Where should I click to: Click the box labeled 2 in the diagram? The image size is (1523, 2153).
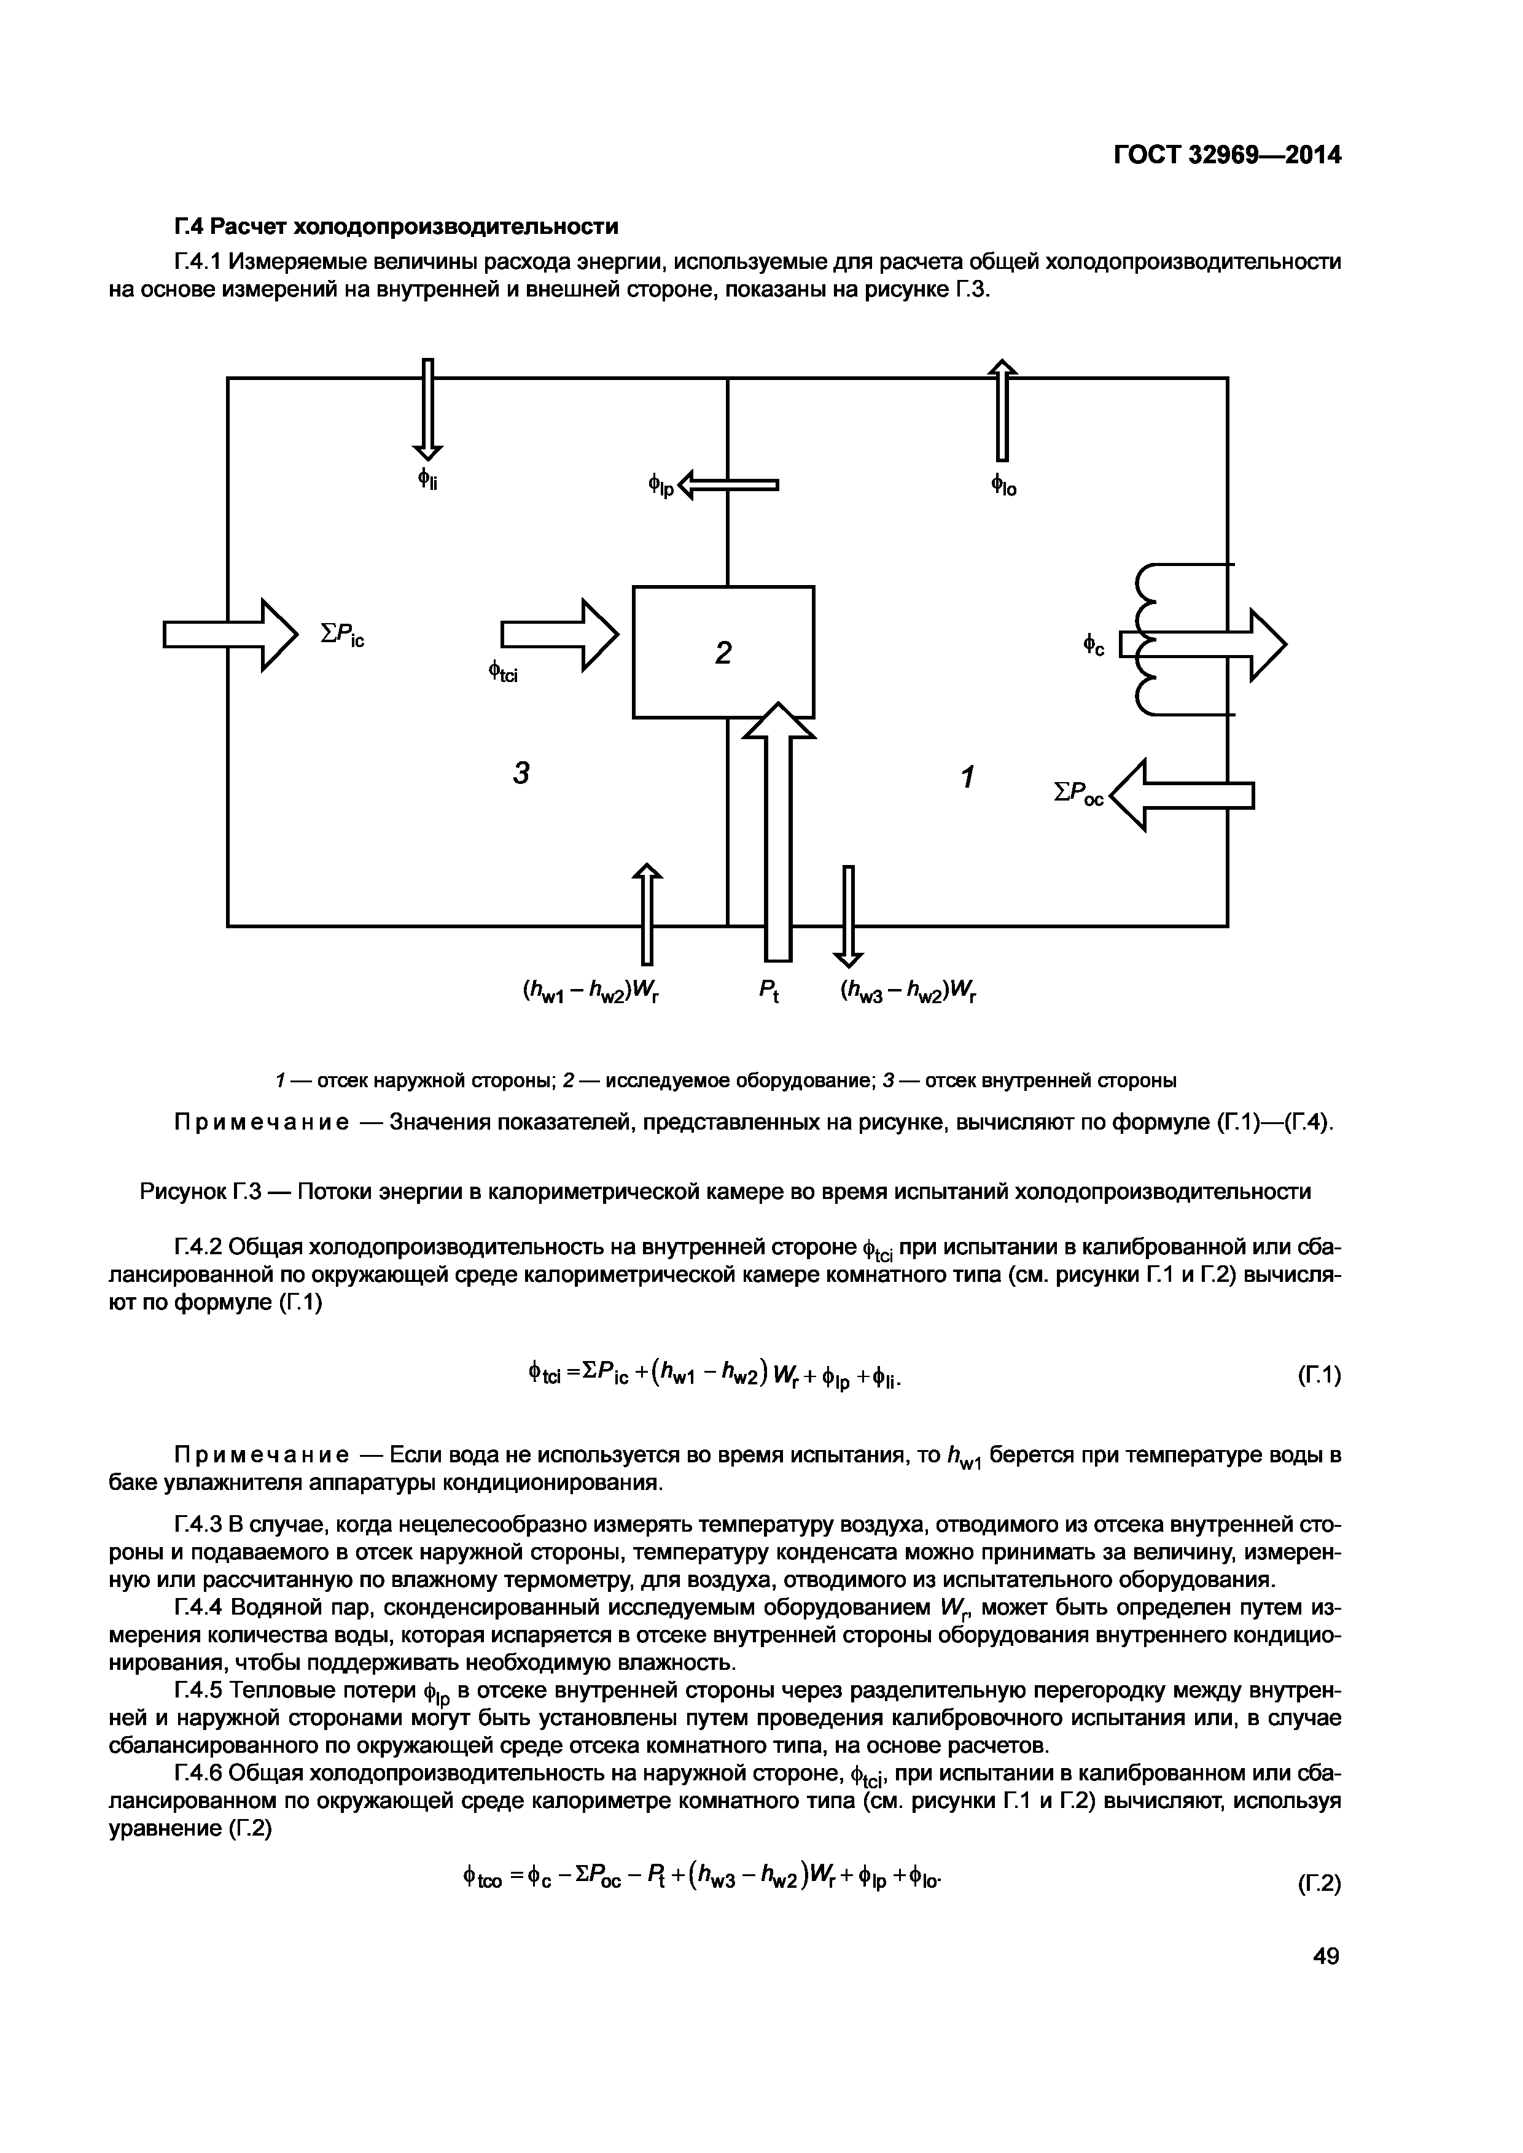[723, 652]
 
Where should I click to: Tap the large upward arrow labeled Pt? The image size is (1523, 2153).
[778, 834]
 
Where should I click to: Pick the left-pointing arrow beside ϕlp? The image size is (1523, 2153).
[729, 485]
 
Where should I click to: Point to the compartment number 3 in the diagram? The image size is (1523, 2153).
[521, 773]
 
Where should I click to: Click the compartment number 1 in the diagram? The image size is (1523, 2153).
[967, 777]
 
